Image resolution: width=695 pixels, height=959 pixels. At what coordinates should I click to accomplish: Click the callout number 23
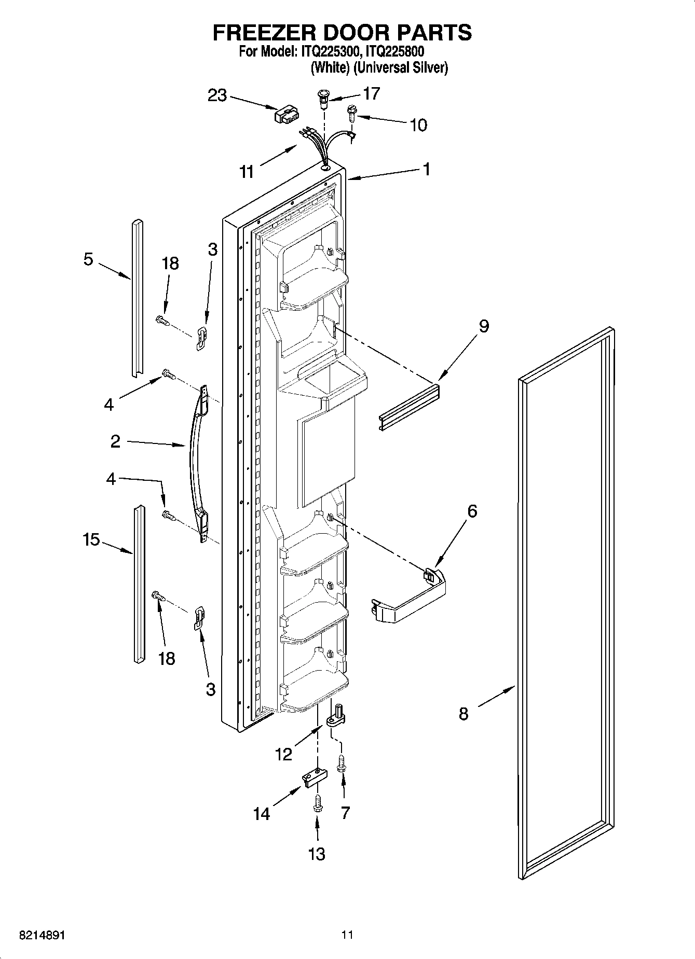point(217,95)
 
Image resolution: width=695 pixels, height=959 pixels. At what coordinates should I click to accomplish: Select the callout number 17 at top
point(371,93)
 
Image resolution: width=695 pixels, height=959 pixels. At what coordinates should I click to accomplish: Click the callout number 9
point(483,326)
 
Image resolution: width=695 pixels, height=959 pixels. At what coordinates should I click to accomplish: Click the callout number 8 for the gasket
point(464,714)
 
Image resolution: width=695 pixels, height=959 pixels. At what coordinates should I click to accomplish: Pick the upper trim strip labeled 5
point(137,298)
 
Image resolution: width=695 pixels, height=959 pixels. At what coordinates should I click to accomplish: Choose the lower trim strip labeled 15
point(139,583)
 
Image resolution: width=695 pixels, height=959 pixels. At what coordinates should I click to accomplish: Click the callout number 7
point(345,813)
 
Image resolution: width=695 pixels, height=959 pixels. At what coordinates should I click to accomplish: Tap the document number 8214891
point(42,935)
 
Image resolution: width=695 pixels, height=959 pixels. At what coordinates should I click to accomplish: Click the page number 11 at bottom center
point(347,935)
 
